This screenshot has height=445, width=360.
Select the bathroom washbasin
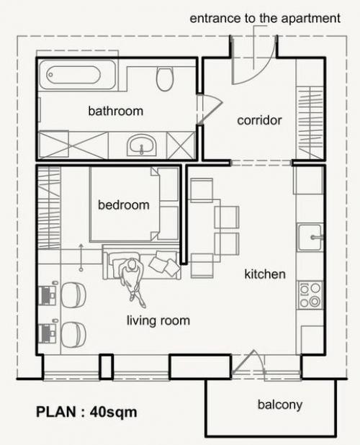click(x=142, y=145)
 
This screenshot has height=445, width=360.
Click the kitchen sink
click(x=310, y=238)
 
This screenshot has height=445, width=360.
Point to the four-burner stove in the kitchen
click(x=310, y=295)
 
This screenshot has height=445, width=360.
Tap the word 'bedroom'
click(x=124, y=205)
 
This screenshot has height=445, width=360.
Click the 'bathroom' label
click(x=115, y=111)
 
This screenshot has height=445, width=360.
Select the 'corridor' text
click(x=259, y=120)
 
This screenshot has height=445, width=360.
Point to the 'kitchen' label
click(x=265, y=274)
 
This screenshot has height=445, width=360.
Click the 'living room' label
click(x=158, y=321)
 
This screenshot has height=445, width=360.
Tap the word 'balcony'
click(x=280, y=405)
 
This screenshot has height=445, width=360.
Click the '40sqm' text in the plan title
click(x=114, y=412)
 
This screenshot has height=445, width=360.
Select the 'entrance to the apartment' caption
click(x=265, y=19)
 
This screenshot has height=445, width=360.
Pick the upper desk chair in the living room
click(x=73, y=295)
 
